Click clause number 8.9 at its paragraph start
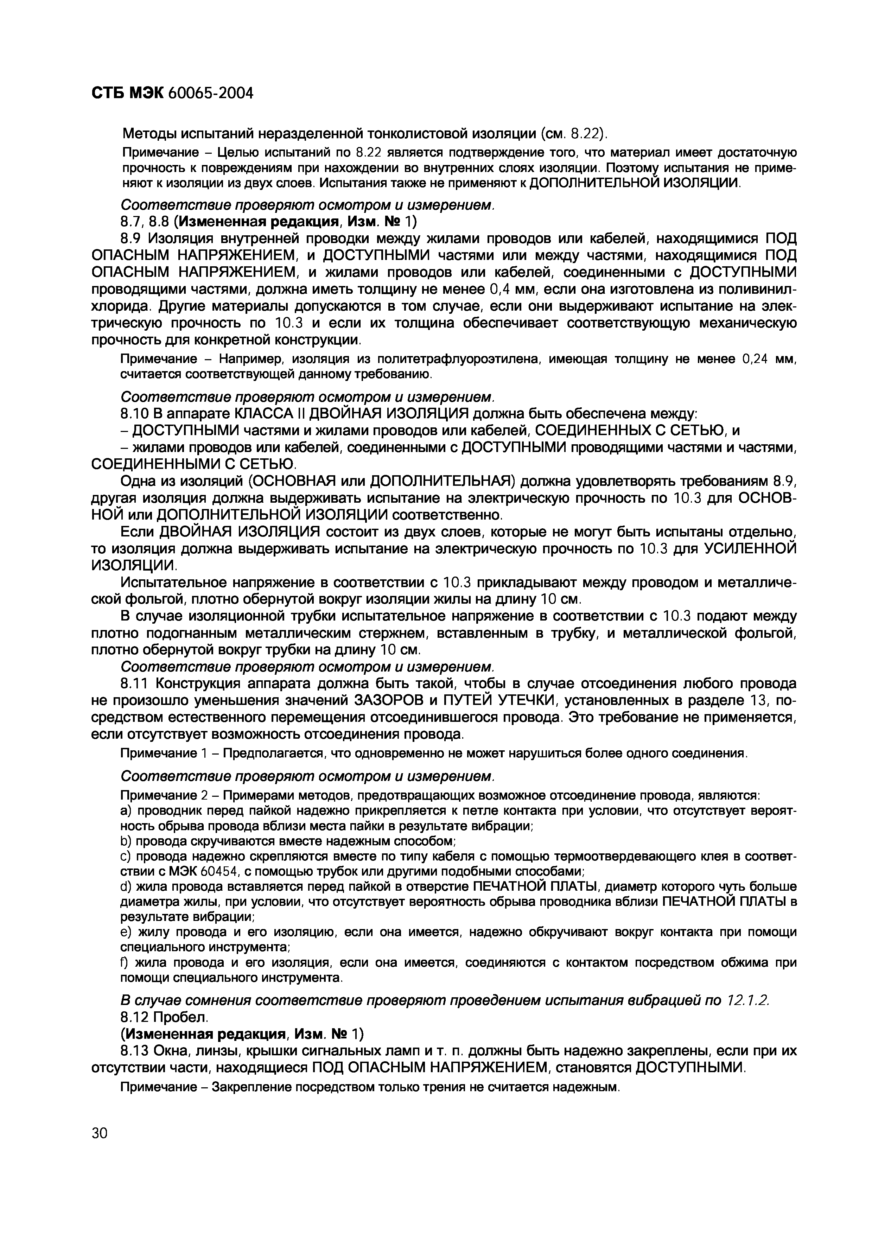pyautogui.click(x=132, y=237)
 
